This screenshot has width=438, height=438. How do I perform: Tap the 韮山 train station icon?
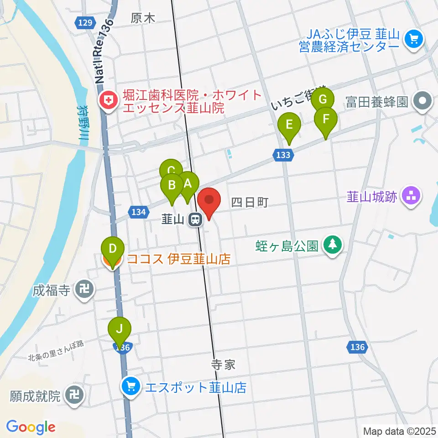[x=195, y=220]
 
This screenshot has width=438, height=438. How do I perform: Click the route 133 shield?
[x=283, y=156]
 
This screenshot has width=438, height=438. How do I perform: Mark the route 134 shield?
[x=138, y=212]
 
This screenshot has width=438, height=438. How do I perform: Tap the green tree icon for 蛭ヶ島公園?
[x=333, y=246]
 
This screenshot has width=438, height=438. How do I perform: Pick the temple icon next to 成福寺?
[x=84, y=290]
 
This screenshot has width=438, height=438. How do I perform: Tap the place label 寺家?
[x=223, y=365]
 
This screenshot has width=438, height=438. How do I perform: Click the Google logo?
[x=31, y=427]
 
